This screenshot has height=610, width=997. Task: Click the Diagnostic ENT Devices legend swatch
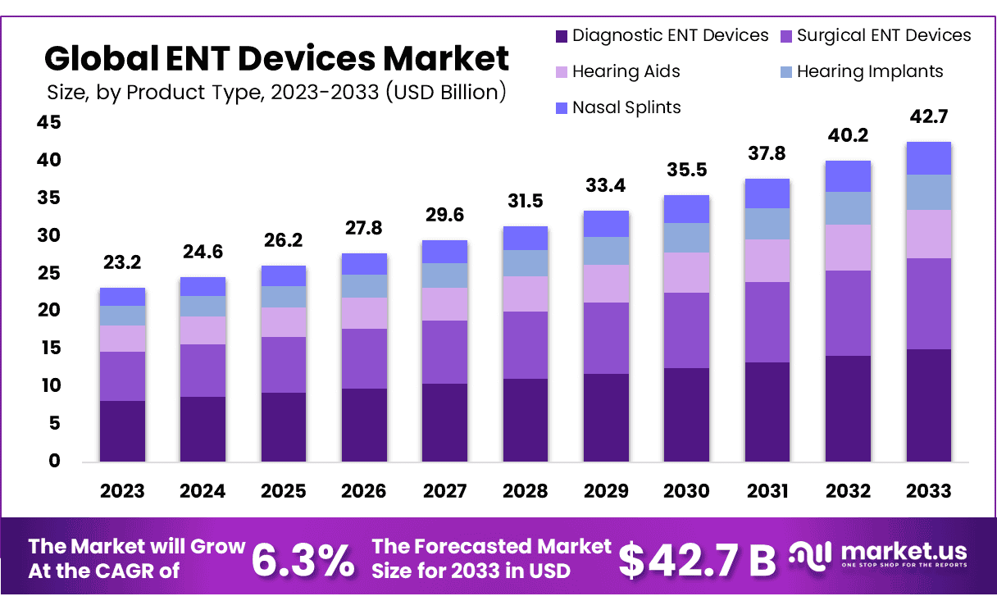coord(562,36)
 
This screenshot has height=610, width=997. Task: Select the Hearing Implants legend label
coord(870,72)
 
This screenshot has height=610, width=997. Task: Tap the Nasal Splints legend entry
coord(626,107)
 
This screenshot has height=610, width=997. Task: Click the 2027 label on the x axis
coord(444,491)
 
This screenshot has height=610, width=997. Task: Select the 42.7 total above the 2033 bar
coord(929,117)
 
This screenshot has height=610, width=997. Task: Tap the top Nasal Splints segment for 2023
coord(122,297)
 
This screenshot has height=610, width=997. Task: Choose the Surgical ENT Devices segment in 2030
coord(686,330)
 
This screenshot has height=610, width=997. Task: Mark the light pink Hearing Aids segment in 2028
coord(525,294)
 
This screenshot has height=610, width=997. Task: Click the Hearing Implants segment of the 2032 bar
coord(848,208)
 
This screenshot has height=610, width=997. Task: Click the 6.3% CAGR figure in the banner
coord(303,560)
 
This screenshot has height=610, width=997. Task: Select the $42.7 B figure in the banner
coord(696,560)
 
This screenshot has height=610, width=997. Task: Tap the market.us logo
coord(878,555)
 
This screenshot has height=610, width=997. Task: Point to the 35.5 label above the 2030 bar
coord(686,171)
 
